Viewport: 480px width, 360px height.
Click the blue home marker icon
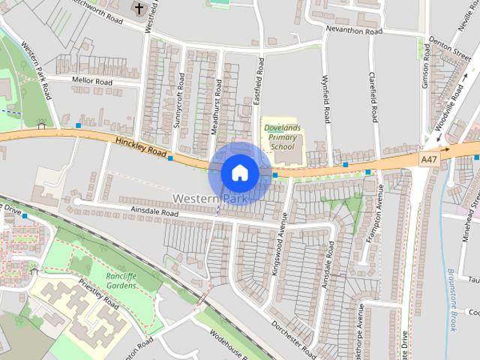(239, 172)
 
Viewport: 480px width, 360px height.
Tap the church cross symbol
(139, 8)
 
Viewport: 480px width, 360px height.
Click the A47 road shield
(428, 160)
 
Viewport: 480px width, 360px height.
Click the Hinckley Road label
(140, 146)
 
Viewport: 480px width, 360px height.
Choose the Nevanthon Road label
(354, 31)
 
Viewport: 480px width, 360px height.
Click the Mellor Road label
(91, 81)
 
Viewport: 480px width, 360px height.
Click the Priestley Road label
(100, 294)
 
